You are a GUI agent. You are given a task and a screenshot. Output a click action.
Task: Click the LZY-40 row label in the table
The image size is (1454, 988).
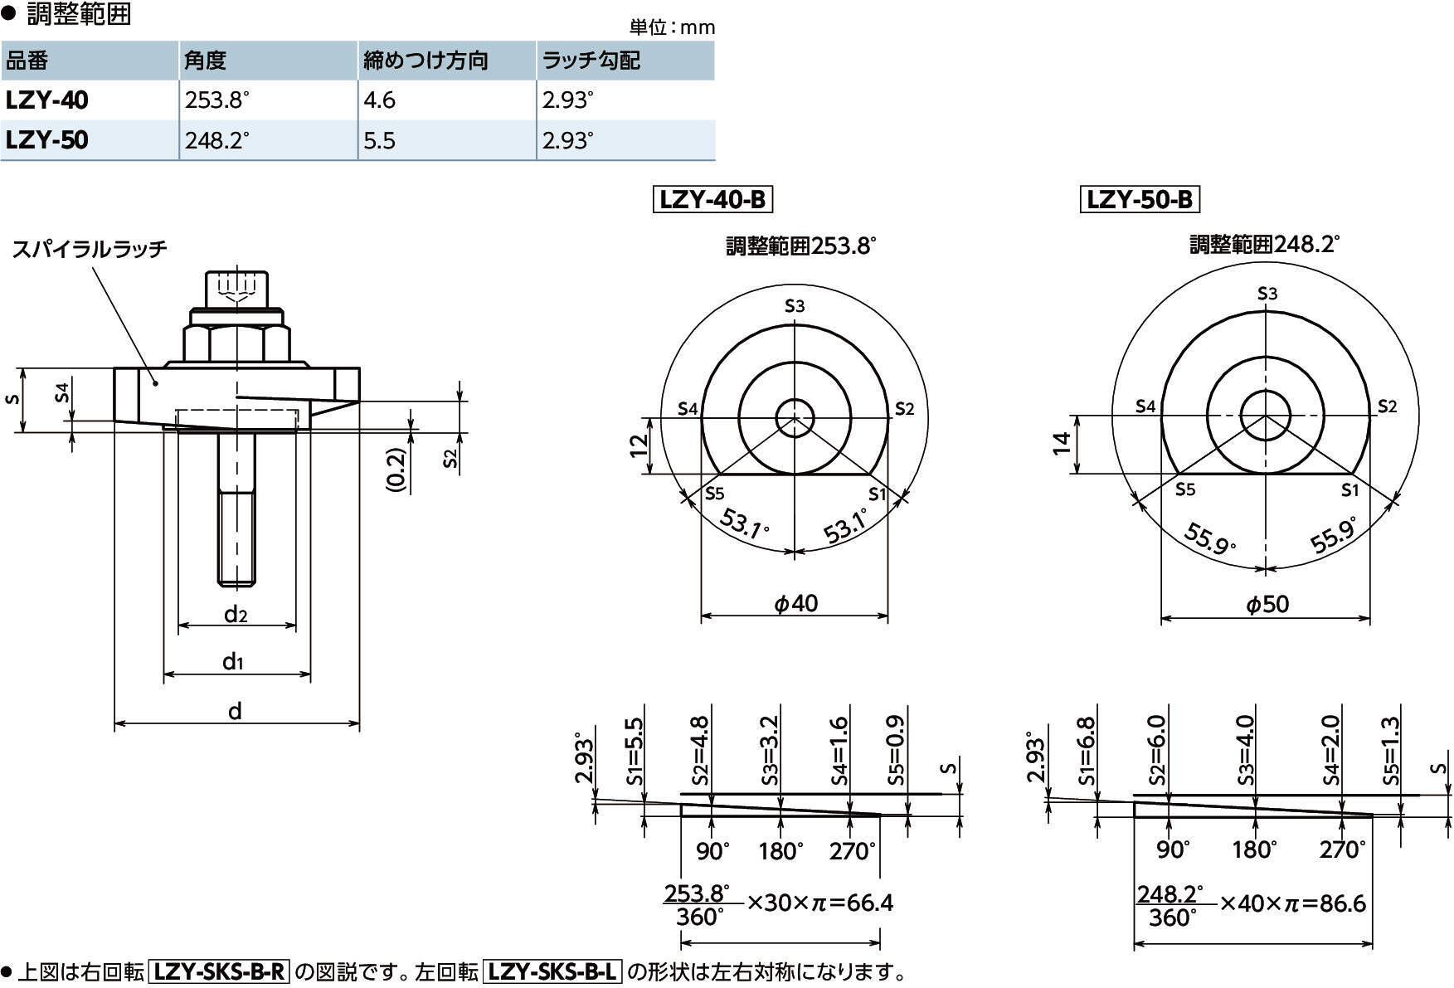coord(47,100)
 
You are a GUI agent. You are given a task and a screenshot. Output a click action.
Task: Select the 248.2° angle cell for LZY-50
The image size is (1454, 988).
coord(216,140)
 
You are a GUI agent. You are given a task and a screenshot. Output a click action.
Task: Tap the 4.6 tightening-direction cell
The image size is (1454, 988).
coord(379,100)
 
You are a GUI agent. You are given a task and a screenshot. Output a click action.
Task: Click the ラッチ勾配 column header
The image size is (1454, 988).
coord(590,61)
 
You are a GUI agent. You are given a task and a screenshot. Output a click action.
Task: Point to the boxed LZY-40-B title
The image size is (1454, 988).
coord(712,200)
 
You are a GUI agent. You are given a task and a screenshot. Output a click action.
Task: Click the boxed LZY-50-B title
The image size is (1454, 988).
coord(1140,200)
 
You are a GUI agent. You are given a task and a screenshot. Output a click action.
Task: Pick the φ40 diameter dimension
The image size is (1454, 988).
coord(795,603)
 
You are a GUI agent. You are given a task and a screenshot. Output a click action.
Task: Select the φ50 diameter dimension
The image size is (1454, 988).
coord(1267,605)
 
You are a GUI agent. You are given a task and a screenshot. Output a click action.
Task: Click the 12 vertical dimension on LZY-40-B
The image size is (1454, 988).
coord(639,445)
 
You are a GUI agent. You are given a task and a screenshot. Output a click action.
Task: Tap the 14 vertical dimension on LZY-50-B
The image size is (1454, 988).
coord(1062,444)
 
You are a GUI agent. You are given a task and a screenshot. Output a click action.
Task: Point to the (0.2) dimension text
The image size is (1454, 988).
coord(397,471)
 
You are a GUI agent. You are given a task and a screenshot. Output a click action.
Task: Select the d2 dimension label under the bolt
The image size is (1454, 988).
coord(236,614)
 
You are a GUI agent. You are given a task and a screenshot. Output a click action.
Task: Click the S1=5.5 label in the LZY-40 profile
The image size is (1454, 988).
coord(634,750)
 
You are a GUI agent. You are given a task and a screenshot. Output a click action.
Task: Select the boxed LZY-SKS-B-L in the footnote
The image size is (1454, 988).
coord(552,971)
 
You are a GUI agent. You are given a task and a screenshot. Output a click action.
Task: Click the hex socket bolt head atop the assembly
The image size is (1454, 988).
coord(236,290)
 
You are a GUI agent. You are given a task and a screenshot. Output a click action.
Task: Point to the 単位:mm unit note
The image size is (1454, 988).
coord(672,27)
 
